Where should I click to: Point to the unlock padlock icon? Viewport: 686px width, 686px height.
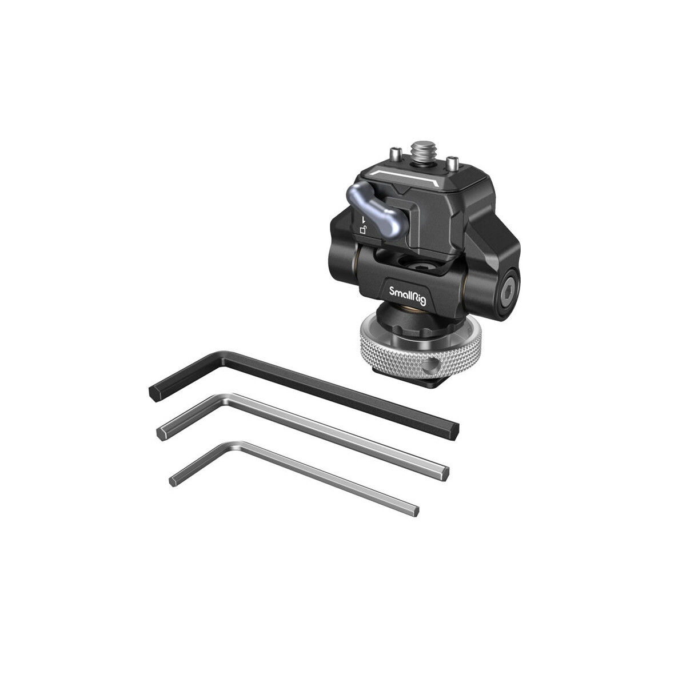(362, 230)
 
